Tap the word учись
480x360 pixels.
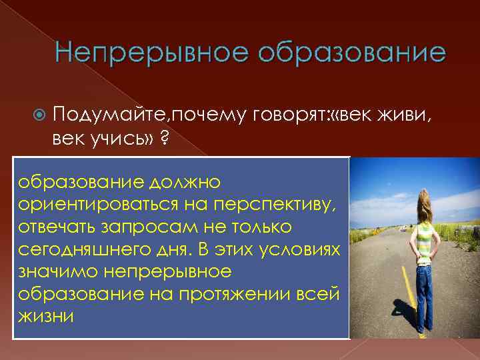[115, 139]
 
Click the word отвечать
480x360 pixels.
[58, 227]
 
